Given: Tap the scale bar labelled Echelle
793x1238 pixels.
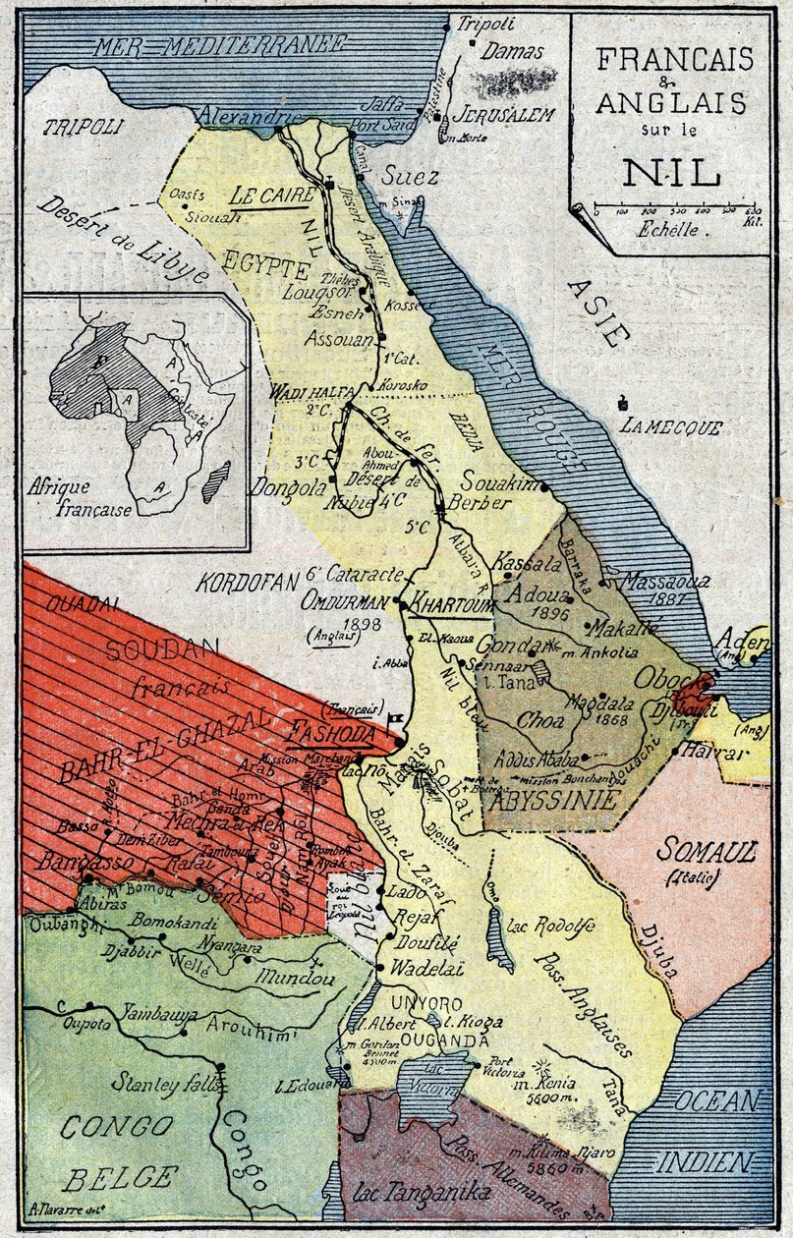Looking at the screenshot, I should tap(672, 210).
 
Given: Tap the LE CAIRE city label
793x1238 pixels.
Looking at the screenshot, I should tap(272, 195).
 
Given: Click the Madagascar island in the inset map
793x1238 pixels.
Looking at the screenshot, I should tap(216, 481).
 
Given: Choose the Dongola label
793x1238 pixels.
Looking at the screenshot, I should tap(288, 486).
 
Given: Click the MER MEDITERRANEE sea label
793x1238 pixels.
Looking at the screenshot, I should tap(220, 44).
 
